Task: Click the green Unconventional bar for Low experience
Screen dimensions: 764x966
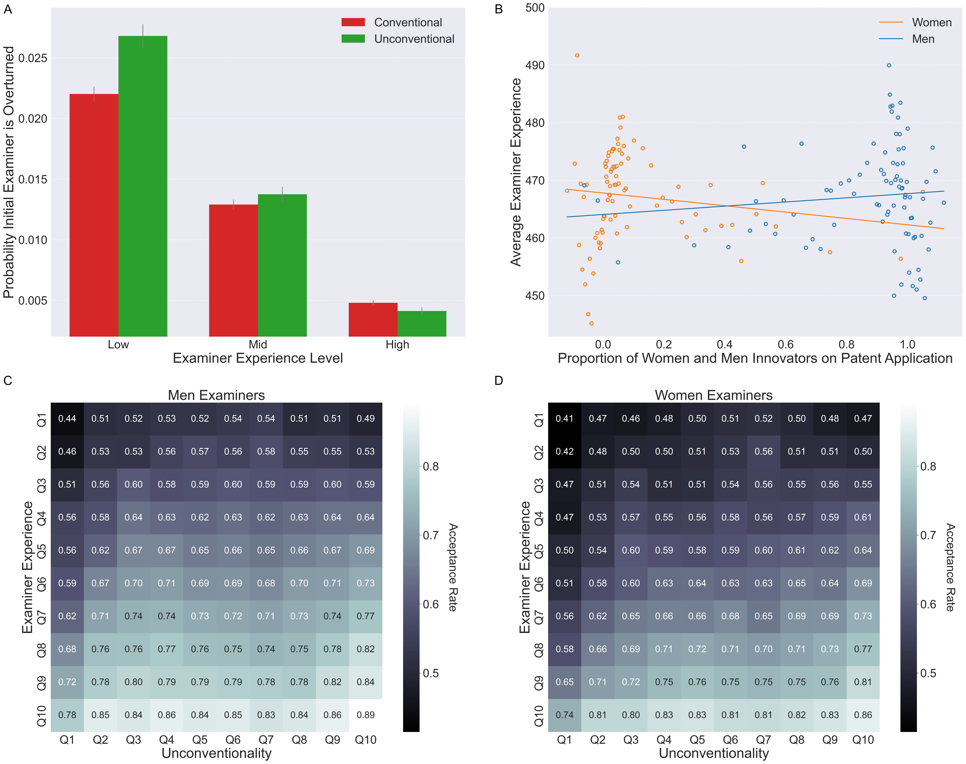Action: [x=143, y=186]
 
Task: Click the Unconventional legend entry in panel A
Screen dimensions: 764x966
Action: [x=414, y=39]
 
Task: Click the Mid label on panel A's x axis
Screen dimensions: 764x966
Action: [x=258, y=344]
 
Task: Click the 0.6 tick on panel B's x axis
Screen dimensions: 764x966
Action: [x=786, y=344]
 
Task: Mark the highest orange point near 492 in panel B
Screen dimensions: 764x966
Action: [x=577, y=55]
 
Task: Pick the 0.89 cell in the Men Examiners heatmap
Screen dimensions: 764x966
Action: [x=366, y=715]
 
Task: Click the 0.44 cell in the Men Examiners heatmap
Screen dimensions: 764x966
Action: [x=67, y=419]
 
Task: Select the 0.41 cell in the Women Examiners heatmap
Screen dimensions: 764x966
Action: [x=565, y=419]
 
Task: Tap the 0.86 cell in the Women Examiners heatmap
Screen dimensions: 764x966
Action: [x=863, y=715]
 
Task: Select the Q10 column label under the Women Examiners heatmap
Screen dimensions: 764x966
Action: [x=863, y=740]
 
